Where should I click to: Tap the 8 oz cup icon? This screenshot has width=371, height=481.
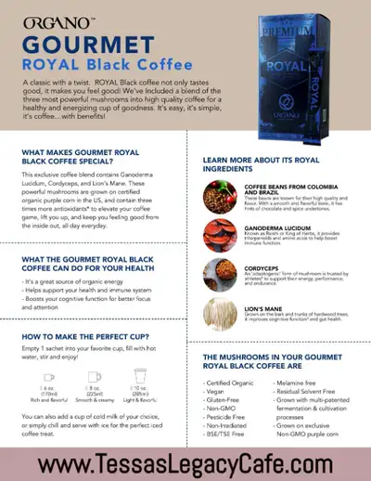(94, 376)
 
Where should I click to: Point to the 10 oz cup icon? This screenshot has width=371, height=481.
(139, 376)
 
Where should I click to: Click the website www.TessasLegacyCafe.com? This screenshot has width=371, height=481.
(185, 461)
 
